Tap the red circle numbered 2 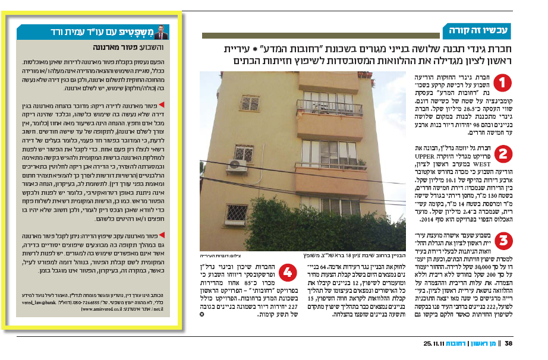coord(503,154)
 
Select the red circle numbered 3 coord(503,242)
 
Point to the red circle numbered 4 coord(288,274)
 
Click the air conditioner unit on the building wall coord(237,165)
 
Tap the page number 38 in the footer coord(525,344)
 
